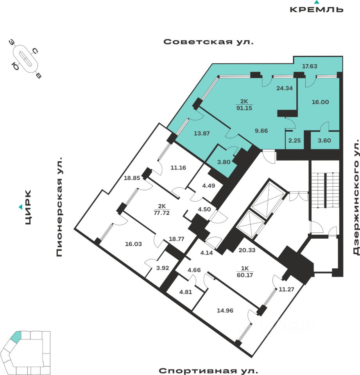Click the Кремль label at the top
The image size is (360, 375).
click(x=317, y=9)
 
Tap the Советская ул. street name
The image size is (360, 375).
click(x=208, y=42)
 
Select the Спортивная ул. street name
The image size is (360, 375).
click(x=208, y=370)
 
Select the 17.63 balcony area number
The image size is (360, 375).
click(x=310, y=66)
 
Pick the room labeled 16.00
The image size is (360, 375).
click(x=320, y=102)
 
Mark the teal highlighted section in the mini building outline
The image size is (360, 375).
click(x=16, y=337)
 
